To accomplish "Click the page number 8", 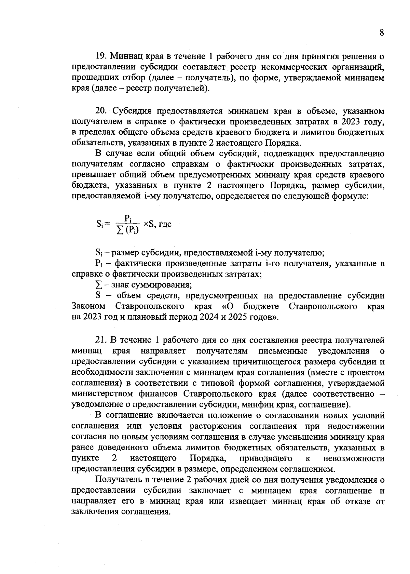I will [382, 33].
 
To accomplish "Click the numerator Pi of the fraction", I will [128, 218].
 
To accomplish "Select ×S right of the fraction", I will [149, 224].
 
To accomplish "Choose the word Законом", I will [88, 306].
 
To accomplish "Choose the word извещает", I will [248, 501].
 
